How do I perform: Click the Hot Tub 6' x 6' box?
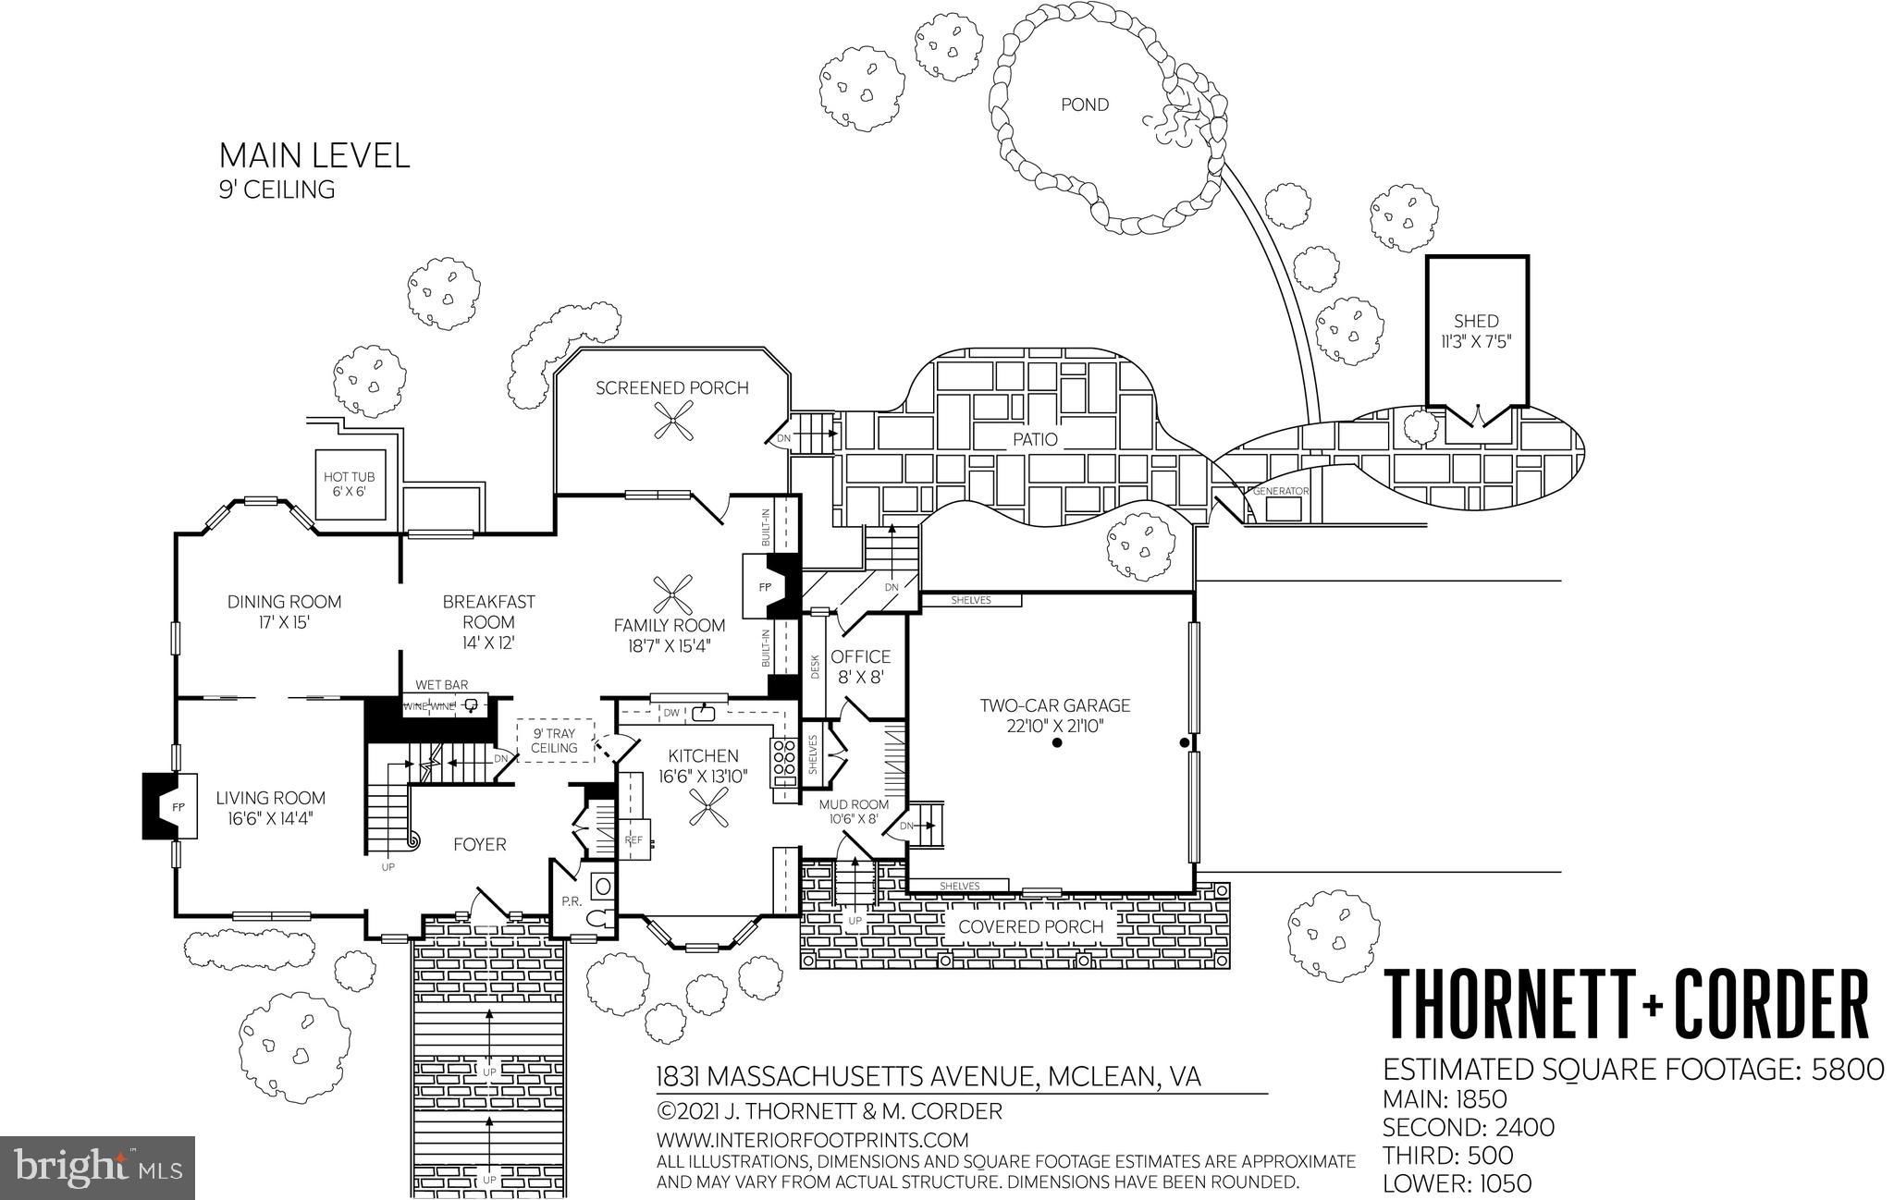pyautogui.click(x=349, y=483)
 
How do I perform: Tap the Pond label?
pyautogui.click(x=1084, y=104)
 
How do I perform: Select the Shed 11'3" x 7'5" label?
pyautogui.click(x=1475, y=331)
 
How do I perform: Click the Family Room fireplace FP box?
pyautogui.click(x=764, y=587)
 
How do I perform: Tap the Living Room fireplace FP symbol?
pyautogui.click(x=177, y=807)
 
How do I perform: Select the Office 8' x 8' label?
pyautogui.click(x=860, y=666)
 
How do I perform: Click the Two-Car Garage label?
pyautogui.click(x=1055, y=715)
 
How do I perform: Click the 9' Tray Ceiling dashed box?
pyautogui.click(x=554, y=741)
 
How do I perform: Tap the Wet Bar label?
pyautogui.click(x=441, y=685)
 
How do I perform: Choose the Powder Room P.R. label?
pyautogui.click(x=571, y=901)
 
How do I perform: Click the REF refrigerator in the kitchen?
pyautogui.click(x=634, y=839)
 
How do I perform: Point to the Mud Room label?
pyautogui.click(x=853, y=811)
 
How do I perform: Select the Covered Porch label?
pyautogui.click(x=1030, y=926)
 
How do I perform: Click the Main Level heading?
pyautogui.click(x=314, y=155)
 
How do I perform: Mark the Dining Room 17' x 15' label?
pyautogui.click(x=284, y=611)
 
